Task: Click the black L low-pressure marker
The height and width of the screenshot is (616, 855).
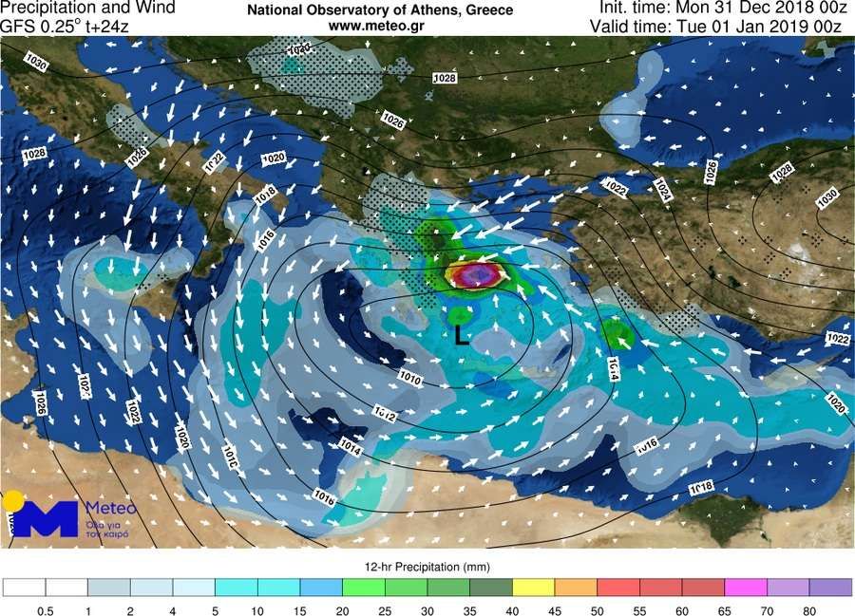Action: click(x=462, y=335)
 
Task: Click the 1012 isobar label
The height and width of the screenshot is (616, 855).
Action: click(x=385, y=413)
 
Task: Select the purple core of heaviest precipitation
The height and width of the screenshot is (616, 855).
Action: click(x=479, y=275)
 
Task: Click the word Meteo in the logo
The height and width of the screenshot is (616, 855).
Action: click(x=111, y=508)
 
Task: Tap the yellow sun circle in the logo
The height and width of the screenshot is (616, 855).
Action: click(x=12, y=499)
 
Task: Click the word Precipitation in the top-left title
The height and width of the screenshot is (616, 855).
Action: click(x=41, y=9)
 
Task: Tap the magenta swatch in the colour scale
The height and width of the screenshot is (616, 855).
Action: click(x=746, y=588)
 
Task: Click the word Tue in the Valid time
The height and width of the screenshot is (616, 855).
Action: click(x=693, y=26)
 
